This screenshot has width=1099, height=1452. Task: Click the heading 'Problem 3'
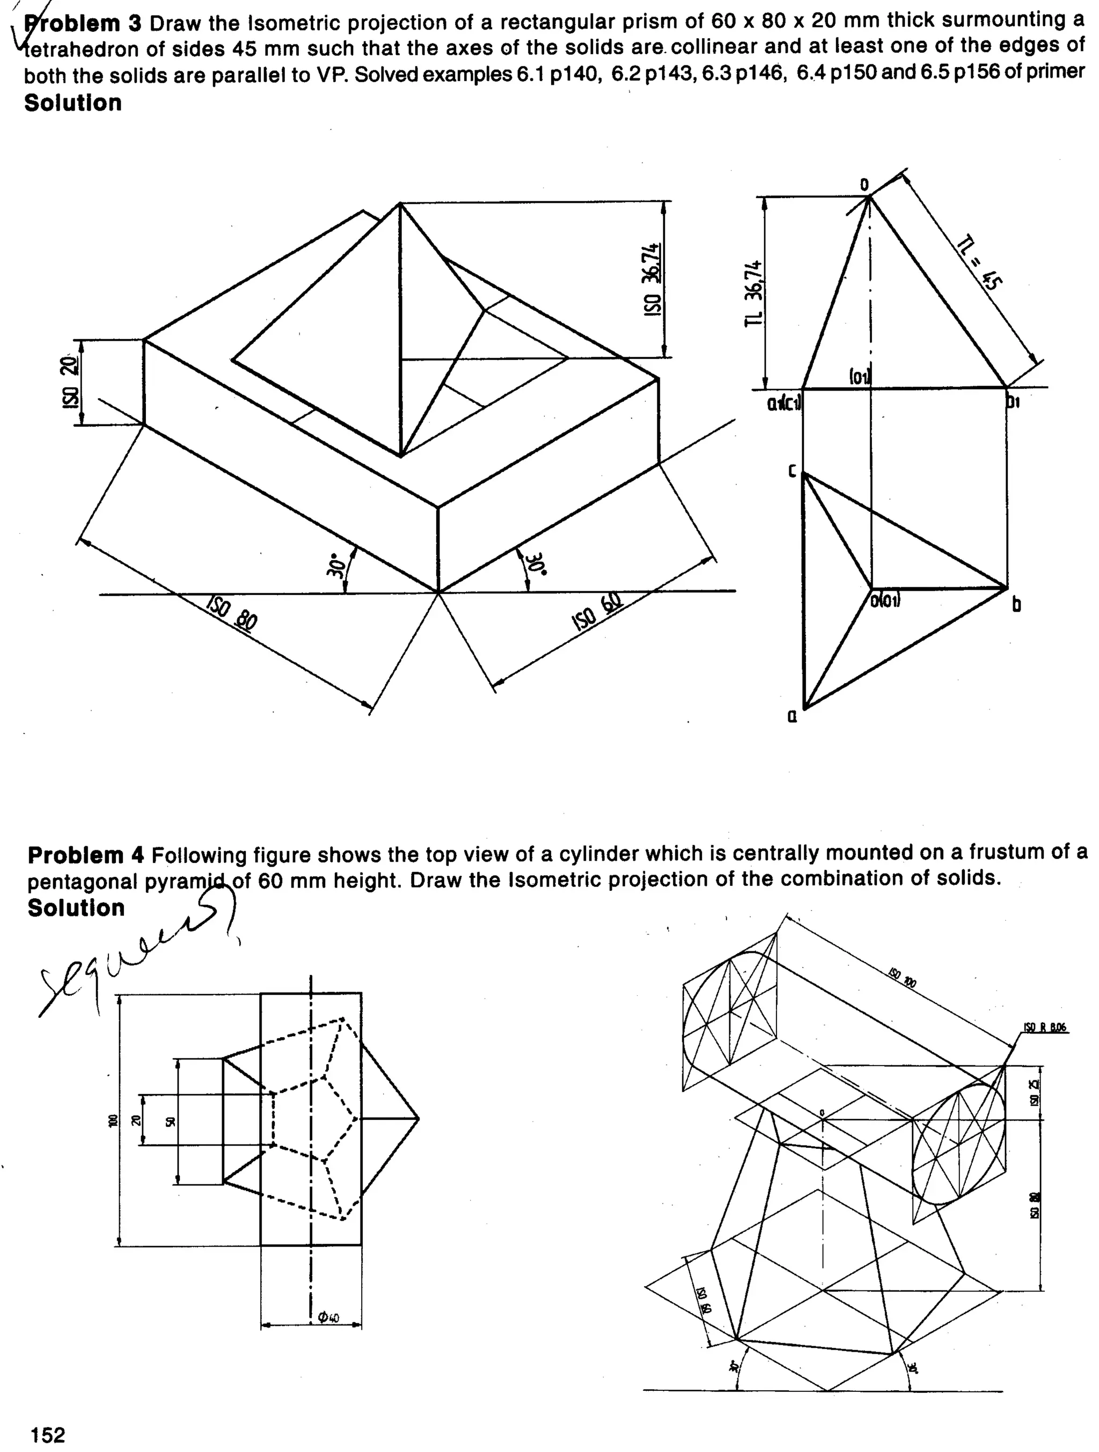click(82, 24)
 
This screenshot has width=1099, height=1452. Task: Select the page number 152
click(48, 1435)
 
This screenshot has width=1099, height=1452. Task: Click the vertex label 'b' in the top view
click(1016, 604)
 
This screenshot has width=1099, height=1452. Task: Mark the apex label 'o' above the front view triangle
click(864, 185)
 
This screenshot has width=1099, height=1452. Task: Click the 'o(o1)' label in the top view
click(886, 600)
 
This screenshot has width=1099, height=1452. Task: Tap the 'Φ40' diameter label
click(327, 1317)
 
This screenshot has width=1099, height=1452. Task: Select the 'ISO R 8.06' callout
click(1045, 1028)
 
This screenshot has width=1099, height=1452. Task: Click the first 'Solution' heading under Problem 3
click(73, 103)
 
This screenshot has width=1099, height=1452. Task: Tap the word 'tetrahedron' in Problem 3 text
click(74, 50)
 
